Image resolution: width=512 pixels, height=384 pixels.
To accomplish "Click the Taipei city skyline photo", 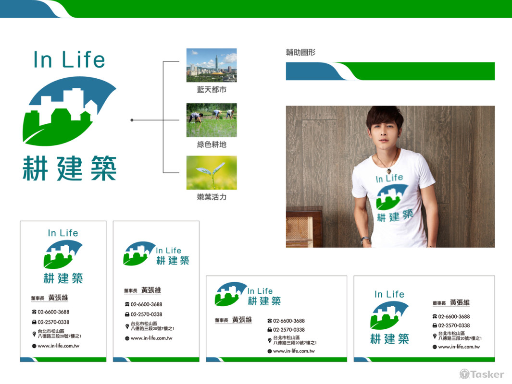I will pyautogui.click(x=212, y=65).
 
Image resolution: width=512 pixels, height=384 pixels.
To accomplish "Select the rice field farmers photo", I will pyautogui.click(x=212, y=120).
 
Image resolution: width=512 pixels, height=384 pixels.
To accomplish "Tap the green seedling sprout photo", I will pyautogui.click(x=212, y=172).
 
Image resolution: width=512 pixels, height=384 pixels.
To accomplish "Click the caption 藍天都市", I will pyautogui.click(x=212, y=90).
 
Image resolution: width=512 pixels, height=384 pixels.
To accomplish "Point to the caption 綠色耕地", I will pyautogui.click(x=212, y=144).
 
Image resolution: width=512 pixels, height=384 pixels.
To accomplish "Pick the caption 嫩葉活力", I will pyautogui.click(x=212, y=197).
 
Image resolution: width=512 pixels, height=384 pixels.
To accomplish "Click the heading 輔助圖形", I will pyautogui.click(x=300, y=52).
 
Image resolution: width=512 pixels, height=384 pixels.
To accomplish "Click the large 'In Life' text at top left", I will pyautogui.click(x=69, y=60).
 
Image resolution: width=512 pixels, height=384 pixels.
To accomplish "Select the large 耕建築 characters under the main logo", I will pyautogui.click(x=70, y=168).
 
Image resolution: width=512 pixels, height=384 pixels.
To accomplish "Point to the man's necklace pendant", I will pyautogui.click(x=388, y=168).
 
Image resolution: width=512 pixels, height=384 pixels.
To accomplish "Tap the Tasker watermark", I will pyautogui.click(x=482, y=374).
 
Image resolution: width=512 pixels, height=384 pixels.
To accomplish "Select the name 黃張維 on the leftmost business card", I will pyautogui.click(x=58, y=298).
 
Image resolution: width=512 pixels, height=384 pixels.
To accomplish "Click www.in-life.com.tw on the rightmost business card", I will pyautogui.click(x=459, y=347).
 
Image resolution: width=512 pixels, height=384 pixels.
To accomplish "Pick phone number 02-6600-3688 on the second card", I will pyautogui.click(x=146, y=304).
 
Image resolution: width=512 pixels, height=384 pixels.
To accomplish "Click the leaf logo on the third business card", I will pyautogui.click(x=230, y=294).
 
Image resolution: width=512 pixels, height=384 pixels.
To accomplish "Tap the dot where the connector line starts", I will pyautogui.click(x=132, y=120).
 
